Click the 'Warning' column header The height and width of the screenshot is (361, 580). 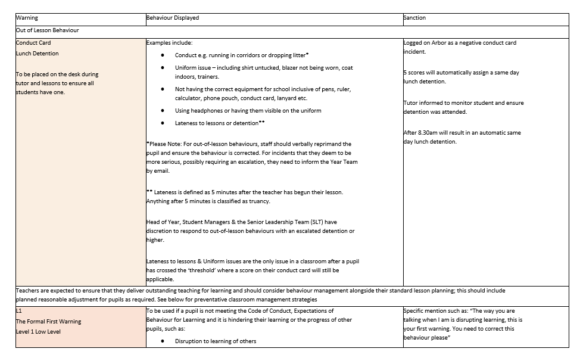click(27, 18)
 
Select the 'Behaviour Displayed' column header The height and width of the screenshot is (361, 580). click(173, 18)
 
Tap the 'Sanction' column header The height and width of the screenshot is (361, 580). click(415, 18)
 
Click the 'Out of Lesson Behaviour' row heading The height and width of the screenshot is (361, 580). click(48, 30)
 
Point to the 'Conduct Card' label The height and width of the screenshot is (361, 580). click(34, 43)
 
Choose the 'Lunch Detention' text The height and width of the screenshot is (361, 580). click(38, 54)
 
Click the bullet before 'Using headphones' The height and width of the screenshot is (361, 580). click(163, 111)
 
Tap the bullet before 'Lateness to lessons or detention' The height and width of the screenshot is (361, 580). click(163, 123)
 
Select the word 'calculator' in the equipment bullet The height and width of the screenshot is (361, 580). click(189, 98)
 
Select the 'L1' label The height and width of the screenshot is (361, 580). click(19, 311)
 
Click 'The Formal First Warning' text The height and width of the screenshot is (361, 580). click(49, 322)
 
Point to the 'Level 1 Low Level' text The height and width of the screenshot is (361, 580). click(39, 332)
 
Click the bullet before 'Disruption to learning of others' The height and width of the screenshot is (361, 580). click(163, 341)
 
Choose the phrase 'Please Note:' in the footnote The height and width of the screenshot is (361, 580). click(165, 144)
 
